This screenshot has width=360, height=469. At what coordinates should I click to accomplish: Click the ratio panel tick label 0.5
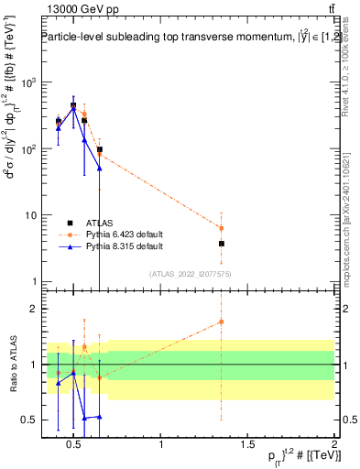coord(28,420)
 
